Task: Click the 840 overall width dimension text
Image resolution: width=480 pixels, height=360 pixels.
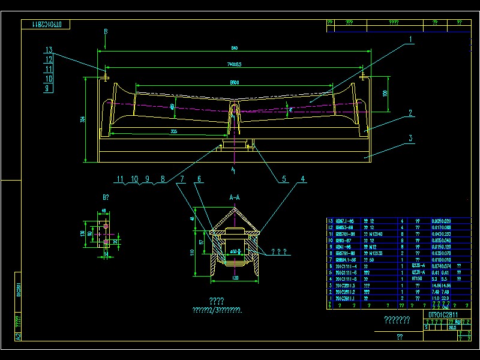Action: click(x=234, y=48)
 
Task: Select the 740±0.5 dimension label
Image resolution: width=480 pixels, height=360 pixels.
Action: click(x=234, y=64)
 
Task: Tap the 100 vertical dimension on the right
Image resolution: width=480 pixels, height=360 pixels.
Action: click(x=385, y=93)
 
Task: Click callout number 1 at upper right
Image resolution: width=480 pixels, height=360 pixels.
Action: click(x=410, y=40)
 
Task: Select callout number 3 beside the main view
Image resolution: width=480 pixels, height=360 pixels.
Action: click(x=410, y=138)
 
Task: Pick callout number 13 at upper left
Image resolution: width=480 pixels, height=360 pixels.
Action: click(x=49, y=50)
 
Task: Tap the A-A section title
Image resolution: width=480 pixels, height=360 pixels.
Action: click(x=235, y=197)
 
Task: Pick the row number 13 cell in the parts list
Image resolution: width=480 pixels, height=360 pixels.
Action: click(x=330, y=221)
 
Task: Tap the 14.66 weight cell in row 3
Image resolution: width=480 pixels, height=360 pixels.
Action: click(x=437, y=286)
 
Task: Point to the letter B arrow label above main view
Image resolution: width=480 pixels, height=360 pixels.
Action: click(x=105, y=31)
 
